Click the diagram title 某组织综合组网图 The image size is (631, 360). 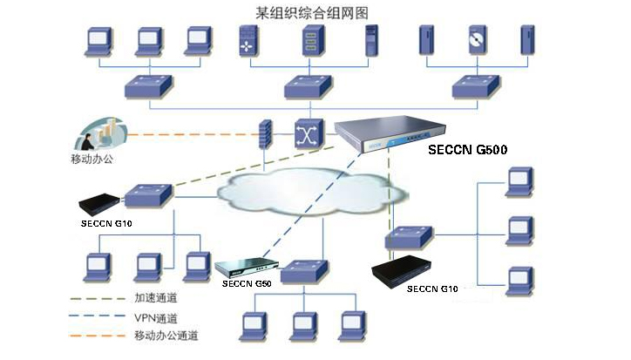pos(312,13)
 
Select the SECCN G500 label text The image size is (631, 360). pos(468,150)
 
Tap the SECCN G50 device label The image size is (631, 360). pos(247,283)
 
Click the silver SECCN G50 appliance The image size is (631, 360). pos(247,267)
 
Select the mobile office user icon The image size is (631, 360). pos(100,133)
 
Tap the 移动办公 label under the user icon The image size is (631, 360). pos(92,159)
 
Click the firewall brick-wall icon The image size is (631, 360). pos(265,134)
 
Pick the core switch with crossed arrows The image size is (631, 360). pos(309,134)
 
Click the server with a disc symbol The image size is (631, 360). pos(478,40)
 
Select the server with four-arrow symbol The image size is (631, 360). pos(248,41)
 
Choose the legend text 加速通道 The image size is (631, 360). pos(156,298)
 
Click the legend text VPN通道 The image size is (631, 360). pos(156,318)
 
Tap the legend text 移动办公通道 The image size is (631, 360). pos(166,336)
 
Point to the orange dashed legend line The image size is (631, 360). pos(98,336)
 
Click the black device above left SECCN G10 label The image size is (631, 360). pos(100,205)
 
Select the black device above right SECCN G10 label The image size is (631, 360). pos(401,271)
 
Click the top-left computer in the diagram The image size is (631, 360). pos(98,41)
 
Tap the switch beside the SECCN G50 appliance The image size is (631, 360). pos(304,271)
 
